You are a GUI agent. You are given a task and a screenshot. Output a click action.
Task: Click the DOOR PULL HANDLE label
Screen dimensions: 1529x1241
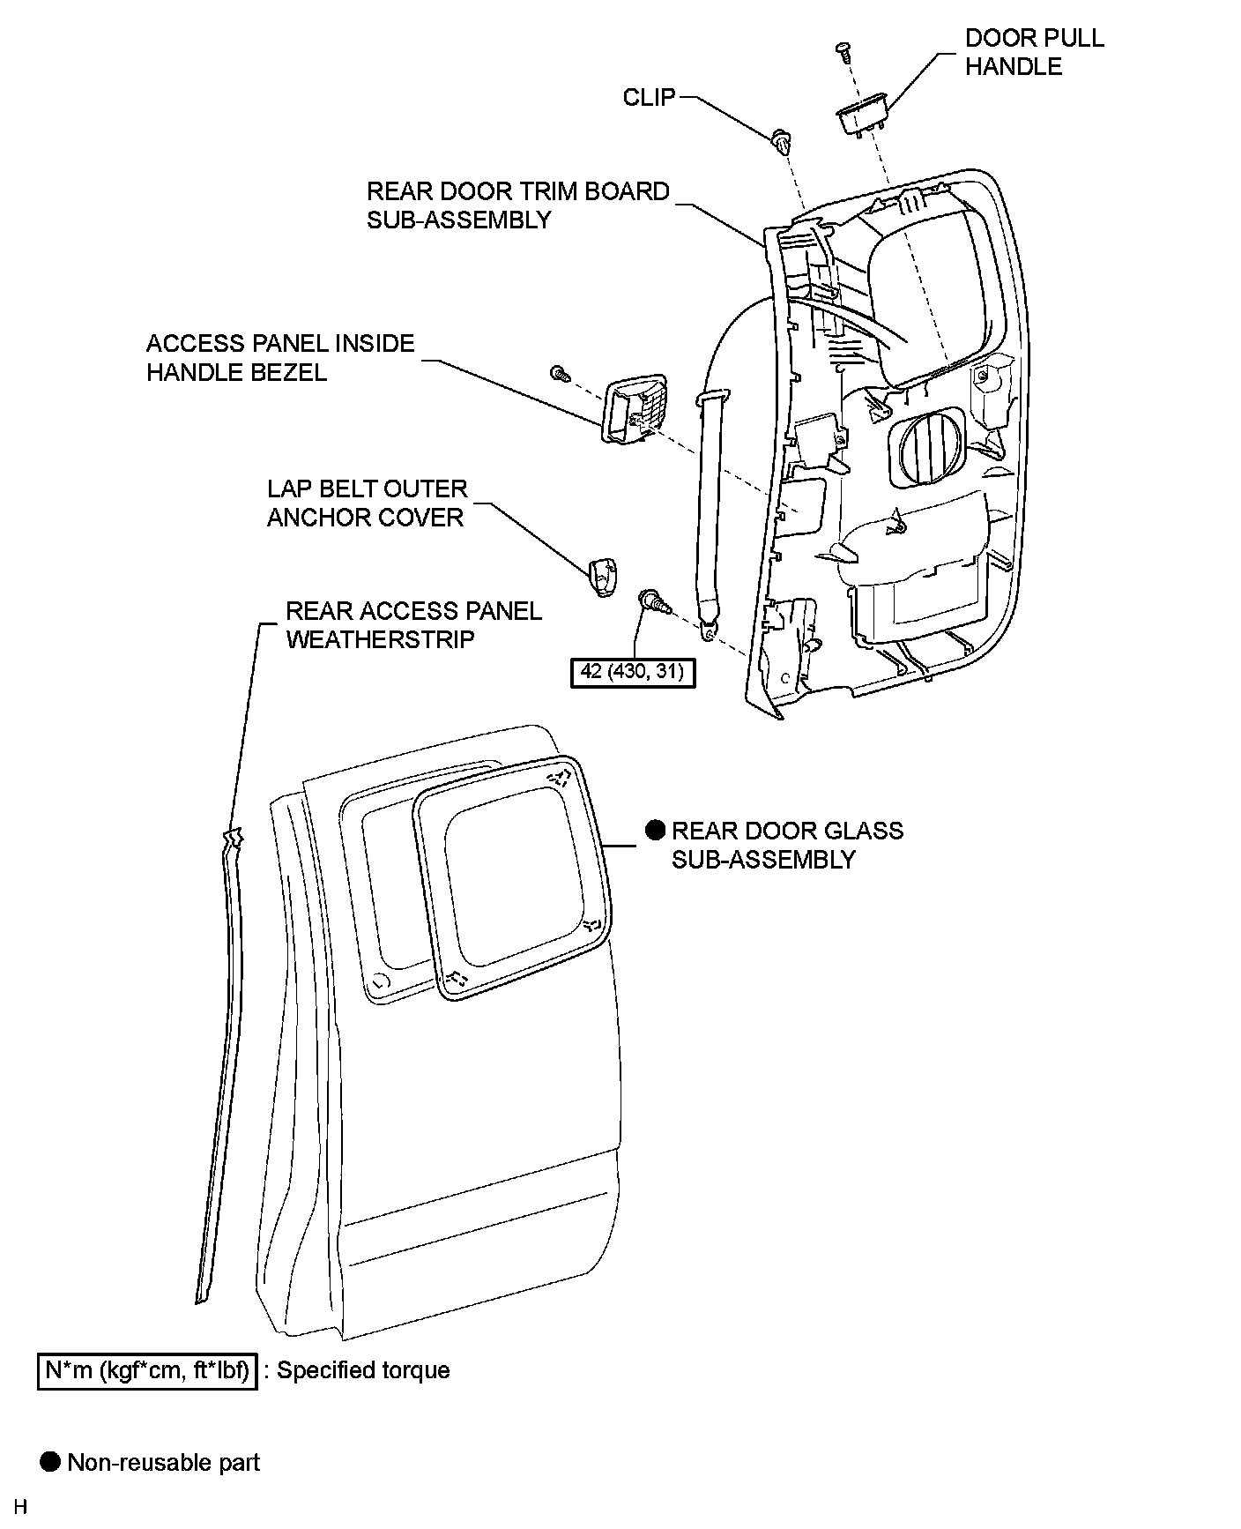1034,52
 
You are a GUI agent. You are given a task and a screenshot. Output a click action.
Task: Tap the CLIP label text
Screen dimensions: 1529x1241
649,97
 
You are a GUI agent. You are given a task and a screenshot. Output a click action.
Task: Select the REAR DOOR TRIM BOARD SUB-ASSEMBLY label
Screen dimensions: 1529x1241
517,205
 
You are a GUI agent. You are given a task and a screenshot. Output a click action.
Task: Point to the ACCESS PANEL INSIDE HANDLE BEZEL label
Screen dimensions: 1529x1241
279,357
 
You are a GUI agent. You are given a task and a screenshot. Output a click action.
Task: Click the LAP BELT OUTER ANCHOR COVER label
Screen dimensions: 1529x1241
366,503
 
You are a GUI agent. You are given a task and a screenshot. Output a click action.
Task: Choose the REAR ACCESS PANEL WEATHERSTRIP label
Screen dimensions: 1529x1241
412,624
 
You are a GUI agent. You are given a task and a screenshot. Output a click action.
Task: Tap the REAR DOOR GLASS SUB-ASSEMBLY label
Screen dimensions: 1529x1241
786,845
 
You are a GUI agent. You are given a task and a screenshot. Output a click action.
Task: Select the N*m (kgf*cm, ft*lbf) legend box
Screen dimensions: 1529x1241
147,1370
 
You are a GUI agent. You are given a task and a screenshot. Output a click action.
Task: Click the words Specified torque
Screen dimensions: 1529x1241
363,1370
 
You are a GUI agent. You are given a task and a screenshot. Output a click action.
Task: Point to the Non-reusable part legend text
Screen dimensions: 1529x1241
163,1463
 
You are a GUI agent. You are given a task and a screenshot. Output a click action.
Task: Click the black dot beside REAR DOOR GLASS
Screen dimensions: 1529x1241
655,830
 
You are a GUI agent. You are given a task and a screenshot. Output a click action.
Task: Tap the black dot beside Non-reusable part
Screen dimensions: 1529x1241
51,1462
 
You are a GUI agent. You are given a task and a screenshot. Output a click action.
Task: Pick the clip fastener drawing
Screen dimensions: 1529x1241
781,141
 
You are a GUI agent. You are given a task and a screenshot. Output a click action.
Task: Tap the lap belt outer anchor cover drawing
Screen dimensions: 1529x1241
602,577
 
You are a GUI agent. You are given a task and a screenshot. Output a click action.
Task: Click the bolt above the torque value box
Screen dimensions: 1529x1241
656,602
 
